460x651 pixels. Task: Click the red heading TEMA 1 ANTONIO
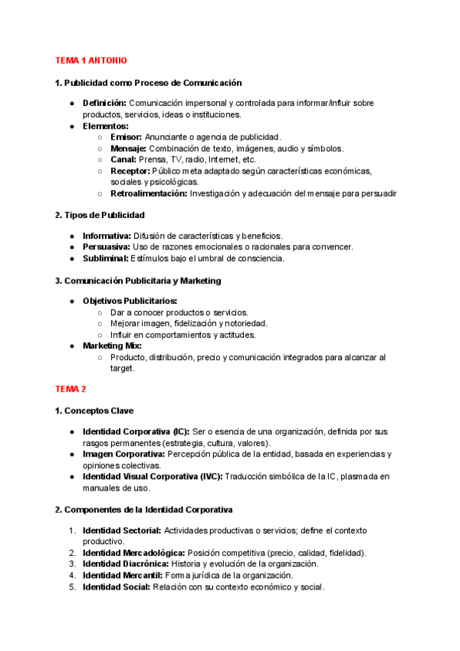(x=91, y=60)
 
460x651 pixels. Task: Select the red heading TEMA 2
(x=71, y=390)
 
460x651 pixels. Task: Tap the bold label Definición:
(x=105, y=103)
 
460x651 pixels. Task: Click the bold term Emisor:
(x=127, y=137)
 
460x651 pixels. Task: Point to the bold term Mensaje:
(x=129, y=148)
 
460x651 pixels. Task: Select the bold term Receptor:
(x=130, y=171)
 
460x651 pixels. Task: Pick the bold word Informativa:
(x=107, y=236)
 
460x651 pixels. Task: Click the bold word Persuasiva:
(x=107, y=247)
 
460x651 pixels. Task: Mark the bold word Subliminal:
(x=106, y=259)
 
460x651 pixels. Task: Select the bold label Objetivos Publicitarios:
(x=130, y=301)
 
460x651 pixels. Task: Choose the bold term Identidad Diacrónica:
(x=126, y=564)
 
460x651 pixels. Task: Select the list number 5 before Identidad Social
(x=72, y=587)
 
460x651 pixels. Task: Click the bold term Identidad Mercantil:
(x=122, y=576)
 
